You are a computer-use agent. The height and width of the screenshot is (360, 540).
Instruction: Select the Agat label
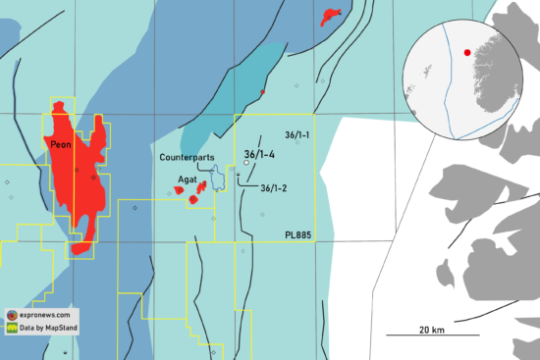tap(187, 180)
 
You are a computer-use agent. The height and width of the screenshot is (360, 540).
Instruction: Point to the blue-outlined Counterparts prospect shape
tap(217, 179)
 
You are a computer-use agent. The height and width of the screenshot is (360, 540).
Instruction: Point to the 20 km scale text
tap(431, 327)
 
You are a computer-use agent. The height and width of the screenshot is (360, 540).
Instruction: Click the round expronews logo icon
tap(11, 315)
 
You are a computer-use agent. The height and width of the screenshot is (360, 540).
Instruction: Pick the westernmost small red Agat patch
tap(180, 190)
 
